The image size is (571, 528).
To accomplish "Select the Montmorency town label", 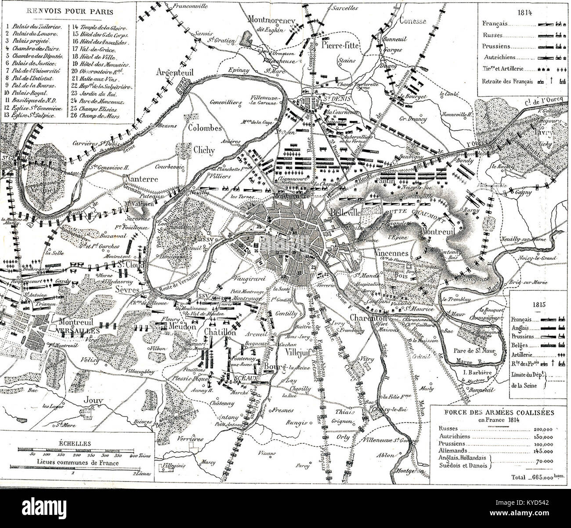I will (x=271, y=19).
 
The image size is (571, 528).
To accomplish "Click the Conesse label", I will (x=412, y=20).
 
